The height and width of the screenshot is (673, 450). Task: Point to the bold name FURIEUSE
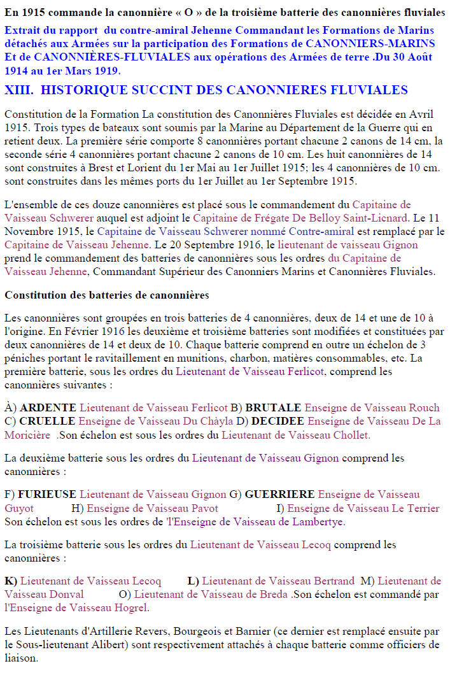point(47,494)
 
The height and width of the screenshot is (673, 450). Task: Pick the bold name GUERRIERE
point(279,494)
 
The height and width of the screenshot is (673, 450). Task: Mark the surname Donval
point(60,594)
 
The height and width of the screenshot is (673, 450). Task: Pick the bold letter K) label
point(11,581)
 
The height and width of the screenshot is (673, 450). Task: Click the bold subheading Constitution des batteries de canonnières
point(107,295)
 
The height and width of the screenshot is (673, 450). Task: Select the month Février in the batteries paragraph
point(74,331)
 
